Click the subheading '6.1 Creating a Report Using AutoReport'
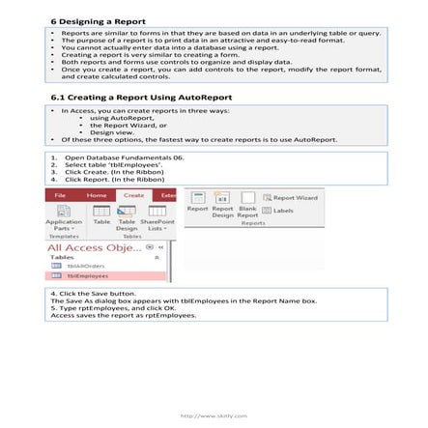pos(140,99)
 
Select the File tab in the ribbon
pos(61,195)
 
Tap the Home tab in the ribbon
pos(97,195)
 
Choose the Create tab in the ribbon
pos(133,195)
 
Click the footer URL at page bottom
pos(214,415)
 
